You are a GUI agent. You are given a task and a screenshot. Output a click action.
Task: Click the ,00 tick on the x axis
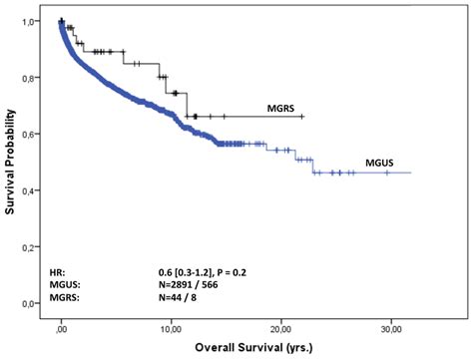click(x=61, y=325)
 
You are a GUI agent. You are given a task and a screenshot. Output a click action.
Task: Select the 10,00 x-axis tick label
click(x=170, y=325)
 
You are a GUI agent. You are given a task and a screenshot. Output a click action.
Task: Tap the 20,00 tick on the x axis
click(x=280, y=325)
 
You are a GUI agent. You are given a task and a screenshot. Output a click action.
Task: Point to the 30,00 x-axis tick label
click(x=391, y=325)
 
